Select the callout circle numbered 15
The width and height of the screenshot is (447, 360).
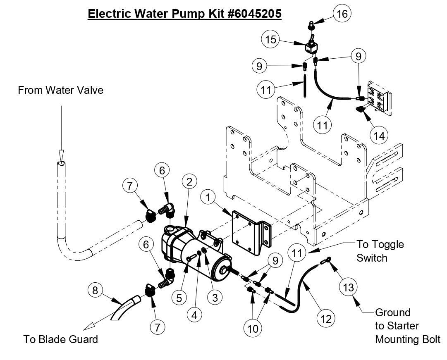pos(270,40)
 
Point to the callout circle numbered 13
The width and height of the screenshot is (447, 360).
pos(349,287)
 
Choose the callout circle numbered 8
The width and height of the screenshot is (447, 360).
pos(95,291)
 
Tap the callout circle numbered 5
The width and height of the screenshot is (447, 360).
pos(179,298)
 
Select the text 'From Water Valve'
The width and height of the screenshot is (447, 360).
pos(60,90)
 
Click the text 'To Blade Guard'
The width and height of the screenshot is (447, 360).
pos(61,340)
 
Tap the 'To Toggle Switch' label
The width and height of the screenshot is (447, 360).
pos(380,251)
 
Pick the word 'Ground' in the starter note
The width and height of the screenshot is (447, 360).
pos(392,312)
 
